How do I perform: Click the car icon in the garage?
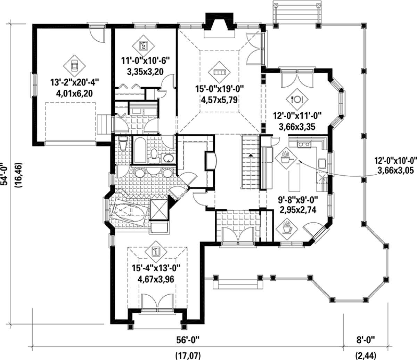[74, 66]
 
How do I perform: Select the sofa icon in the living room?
[219, 72]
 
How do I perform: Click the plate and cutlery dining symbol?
[297, 99]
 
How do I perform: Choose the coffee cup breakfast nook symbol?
[287, 229]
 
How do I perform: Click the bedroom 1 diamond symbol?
[156, 252]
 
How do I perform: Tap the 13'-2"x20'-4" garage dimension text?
[75, 82]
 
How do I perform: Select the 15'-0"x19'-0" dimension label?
[220, 89]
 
